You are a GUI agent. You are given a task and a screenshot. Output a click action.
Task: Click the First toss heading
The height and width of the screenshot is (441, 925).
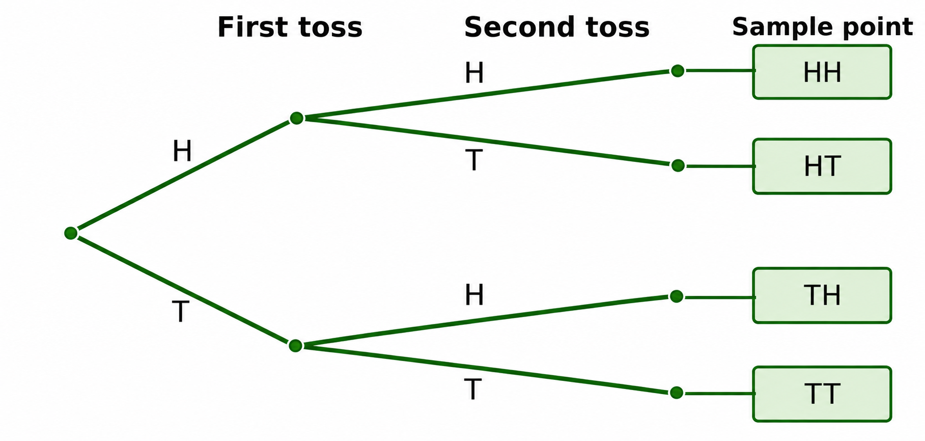pos(290,27)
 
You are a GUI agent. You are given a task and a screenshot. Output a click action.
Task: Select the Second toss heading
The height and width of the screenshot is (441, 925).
pos(557,27)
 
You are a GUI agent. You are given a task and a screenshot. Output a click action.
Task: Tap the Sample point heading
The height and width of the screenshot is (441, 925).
pos(822,27)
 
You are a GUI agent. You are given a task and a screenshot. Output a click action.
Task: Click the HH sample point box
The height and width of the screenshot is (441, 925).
pos(822,72)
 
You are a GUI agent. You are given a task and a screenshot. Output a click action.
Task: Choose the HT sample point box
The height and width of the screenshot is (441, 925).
pos(822,166)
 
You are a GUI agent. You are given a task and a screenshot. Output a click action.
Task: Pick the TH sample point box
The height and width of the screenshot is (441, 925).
pos(822,295)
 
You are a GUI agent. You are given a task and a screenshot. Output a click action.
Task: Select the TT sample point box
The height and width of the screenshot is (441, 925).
pos(822,394)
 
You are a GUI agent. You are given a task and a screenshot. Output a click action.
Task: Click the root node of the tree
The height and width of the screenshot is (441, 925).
pos(71,233)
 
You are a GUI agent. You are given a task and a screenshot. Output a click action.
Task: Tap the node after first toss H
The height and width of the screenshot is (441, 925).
pos(297,118)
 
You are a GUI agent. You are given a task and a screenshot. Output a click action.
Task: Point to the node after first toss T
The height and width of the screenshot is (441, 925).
pos(295,346)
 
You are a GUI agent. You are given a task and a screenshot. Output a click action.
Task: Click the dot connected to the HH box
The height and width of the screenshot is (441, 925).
pos(678,71)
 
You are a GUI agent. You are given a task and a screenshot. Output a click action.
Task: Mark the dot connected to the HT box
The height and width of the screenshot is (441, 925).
pos(678,166)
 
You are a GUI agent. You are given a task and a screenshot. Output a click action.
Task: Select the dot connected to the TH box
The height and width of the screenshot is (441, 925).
pos(677,296)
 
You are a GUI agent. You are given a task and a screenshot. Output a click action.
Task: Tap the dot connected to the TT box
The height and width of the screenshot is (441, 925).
pos(677,393)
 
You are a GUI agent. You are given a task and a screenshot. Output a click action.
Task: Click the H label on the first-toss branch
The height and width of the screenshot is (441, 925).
pos(182,151)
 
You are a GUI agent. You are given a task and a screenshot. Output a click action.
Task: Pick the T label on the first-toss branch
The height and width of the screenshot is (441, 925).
pos(181,312)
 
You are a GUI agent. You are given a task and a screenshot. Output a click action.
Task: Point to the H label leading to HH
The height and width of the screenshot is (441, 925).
pos(474,73)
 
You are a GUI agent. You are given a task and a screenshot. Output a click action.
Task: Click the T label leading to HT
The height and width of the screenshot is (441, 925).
pos(473,160)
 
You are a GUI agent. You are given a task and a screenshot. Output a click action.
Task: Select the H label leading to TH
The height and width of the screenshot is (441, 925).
pos(474,295)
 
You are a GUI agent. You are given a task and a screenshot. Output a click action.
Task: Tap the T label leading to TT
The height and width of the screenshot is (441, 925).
pos(472,390)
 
